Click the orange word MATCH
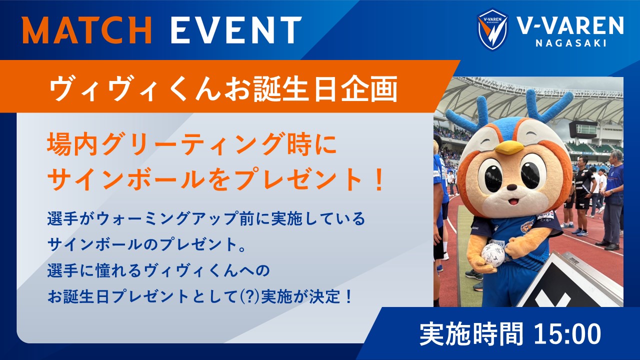click(x=86, y=30)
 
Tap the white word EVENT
click(x=236, y=30)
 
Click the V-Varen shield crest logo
click(x=492, y=29)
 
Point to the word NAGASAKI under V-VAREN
click(x=571, y=43)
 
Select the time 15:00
click(x=567, y=333)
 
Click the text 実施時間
click(x=471, y=333)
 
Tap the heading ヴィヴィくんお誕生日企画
click(x=223, y=89)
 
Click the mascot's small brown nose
click(x=511, y=187)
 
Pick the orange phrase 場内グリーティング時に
click(x=192, y=144)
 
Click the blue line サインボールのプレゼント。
click(x=146, y=244)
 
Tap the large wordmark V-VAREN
click(x=570, y=25)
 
